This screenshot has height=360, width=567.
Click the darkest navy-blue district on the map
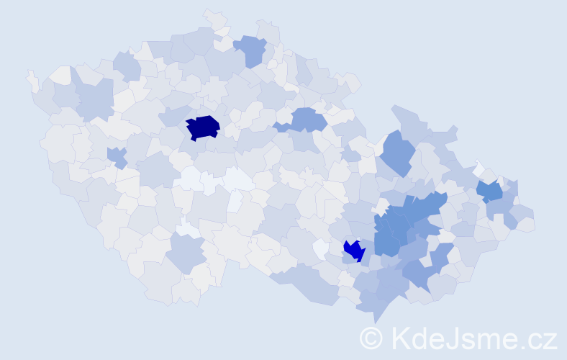pos(203,127)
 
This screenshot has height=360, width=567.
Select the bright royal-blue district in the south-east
pos(354,251)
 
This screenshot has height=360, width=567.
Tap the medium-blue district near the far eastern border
pos(490,191)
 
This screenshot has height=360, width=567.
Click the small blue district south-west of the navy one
pos(117,156)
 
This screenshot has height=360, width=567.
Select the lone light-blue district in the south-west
pos(186,252)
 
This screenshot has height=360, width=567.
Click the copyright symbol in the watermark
pos(371,338)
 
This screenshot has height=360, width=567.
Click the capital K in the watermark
pos(402,338)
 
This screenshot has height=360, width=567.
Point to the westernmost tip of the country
pos(28,76)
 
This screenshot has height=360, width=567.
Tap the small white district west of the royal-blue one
pos(320,248)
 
